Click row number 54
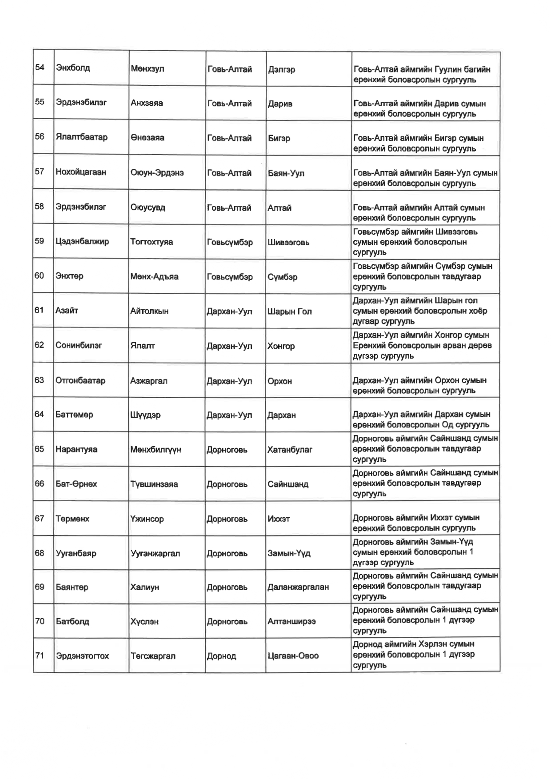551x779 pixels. coord(40,68)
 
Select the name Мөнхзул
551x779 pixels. coord(147,69)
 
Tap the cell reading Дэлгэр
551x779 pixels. coord(281,69)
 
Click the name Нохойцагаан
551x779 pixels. coord(81,172)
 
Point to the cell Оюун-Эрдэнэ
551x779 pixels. coord(151,173)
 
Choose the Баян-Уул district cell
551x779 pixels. coord(286,173)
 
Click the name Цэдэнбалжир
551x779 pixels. coord(82,242)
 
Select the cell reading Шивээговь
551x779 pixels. coord(288,243)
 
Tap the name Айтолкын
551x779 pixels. coord(149,311)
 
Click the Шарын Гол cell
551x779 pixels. coord(289,312)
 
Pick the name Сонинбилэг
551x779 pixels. coord(79,345)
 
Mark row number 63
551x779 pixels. coord(39,380)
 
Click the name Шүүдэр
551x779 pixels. coord(145,415)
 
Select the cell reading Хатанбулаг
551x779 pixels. coord(290,450)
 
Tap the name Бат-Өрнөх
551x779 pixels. coord(76,484)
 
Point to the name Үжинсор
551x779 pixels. coord(147,519)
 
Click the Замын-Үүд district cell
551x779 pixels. coord(289,554)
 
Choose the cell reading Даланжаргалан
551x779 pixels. coord(298,587)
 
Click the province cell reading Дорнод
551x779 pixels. coord(221,656)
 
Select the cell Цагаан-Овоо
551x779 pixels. coord(293,656)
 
